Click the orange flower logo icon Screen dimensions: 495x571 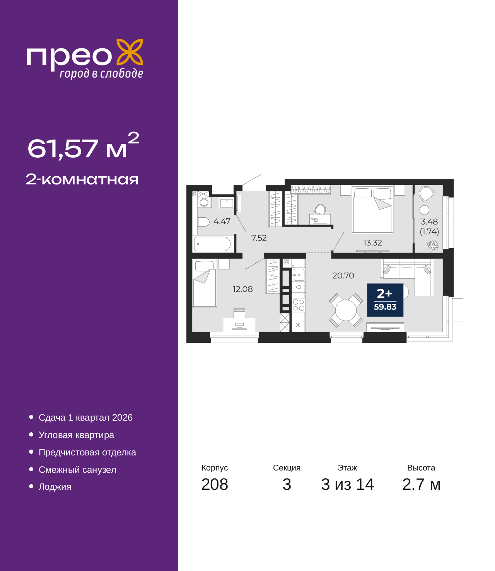(x=130, y=52)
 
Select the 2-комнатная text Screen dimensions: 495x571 (x=82, y=179)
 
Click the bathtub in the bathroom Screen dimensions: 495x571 (x=212, y=244)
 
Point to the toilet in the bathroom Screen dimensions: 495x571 (x=203, y=222)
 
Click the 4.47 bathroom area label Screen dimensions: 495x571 (x=222, y=221)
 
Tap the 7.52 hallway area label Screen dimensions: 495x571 (x=259, y=238)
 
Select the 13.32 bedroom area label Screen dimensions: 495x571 (x=372, y=242)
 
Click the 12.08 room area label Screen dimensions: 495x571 (x=242, y=289)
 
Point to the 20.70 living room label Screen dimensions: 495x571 (x=343, y=275)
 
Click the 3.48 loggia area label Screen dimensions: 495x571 (x=429, y=222)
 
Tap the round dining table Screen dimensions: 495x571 (x=346, y=310)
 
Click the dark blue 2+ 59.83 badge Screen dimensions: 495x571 (x=385, y=300)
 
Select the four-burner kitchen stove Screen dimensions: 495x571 (x=299, y=305)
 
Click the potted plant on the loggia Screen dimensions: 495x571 (x=432, y=245)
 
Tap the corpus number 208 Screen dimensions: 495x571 (x=215, y=484)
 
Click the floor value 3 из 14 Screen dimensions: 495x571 (x=347, y=484)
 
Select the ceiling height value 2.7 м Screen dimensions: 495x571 (x=421, y=484)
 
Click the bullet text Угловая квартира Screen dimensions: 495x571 (x=76, y=435)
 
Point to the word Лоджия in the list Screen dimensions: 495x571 (x=55, y=487)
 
